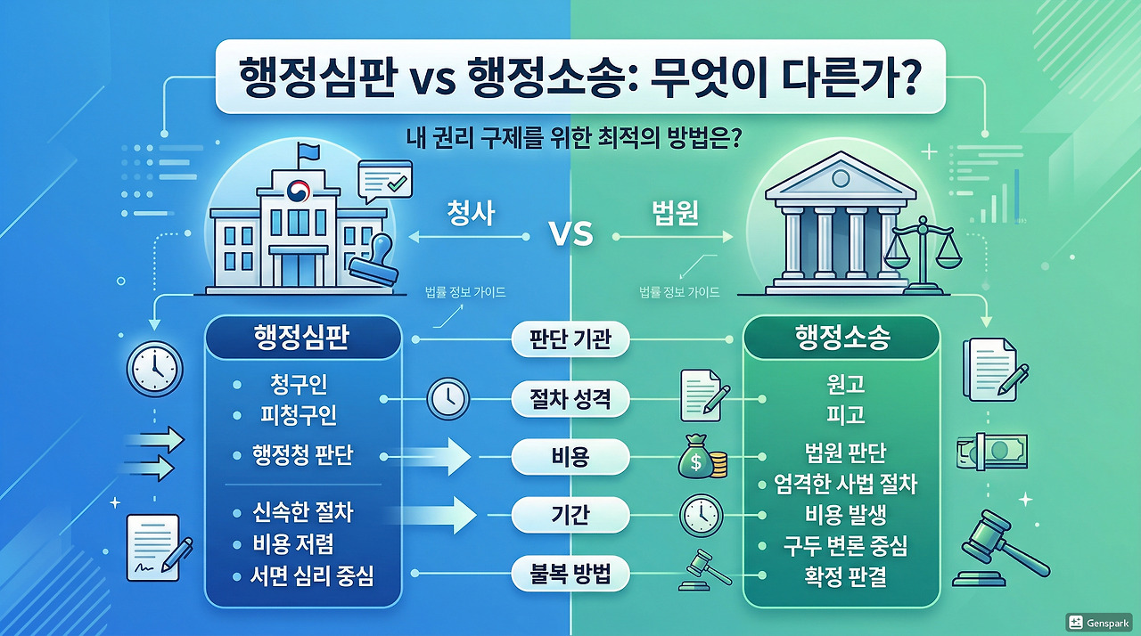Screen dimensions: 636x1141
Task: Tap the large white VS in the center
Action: tap(570, 236)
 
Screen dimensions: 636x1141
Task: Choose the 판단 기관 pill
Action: tap(570, 339)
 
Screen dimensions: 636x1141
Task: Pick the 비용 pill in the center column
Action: tap(570, 458)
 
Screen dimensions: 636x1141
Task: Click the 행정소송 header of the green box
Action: tap(843, 338)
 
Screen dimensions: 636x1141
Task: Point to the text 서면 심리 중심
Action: tap(311, 575)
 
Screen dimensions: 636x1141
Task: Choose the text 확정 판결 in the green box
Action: tap(843, 575)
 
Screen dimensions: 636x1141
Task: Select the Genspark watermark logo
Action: tap(1101, 622)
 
